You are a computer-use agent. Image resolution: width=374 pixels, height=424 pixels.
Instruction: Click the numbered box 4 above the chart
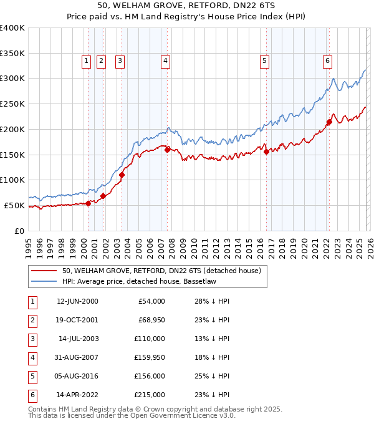coord(165,60)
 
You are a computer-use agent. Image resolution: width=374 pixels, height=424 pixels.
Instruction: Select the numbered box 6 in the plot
coord(327,60)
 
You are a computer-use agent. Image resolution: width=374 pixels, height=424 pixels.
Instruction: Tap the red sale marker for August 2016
coord(266,152)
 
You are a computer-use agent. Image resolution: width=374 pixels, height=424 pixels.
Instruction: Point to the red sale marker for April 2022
coord(329,122)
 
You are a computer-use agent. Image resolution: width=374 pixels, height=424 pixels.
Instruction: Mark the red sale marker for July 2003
coord(122,175)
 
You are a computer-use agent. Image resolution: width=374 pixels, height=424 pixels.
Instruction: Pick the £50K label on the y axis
coord(14,205)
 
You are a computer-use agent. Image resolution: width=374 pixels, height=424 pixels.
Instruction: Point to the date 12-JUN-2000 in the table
coord(77,301)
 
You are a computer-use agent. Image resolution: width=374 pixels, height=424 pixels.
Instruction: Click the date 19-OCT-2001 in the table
coord(77,320)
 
